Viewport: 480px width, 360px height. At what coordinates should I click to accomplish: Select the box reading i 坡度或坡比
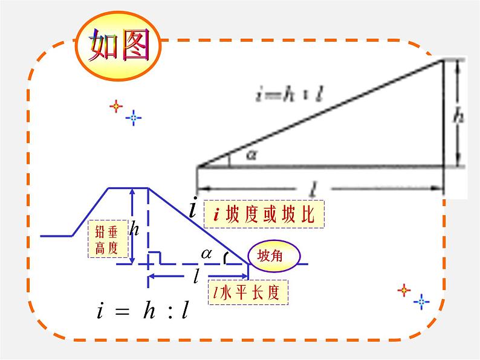point(264,214)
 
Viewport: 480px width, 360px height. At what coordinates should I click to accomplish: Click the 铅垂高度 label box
point(109,240)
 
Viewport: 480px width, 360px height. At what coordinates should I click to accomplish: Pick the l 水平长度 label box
point(247,294)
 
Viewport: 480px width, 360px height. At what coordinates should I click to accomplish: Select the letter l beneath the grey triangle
point(313,190)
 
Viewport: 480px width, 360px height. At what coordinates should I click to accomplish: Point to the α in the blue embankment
point(207,254)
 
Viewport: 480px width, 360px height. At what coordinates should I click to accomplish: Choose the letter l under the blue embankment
point(196,277)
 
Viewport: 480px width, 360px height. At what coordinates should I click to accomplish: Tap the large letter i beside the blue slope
point(192,209)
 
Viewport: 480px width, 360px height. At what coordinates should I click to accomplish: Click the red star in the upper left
point(115,106)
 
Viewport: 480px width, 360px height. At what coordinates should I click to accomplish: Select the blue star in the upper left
point(134,117)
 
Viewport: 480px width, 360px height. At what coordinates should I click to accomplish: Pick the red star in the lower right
point(404,291)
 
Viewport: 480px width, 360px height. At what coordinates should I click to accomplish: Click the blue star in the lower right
point(423,301)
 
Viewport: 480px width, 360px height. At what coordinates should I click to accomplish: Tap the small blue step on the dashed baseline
point(155,257)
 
